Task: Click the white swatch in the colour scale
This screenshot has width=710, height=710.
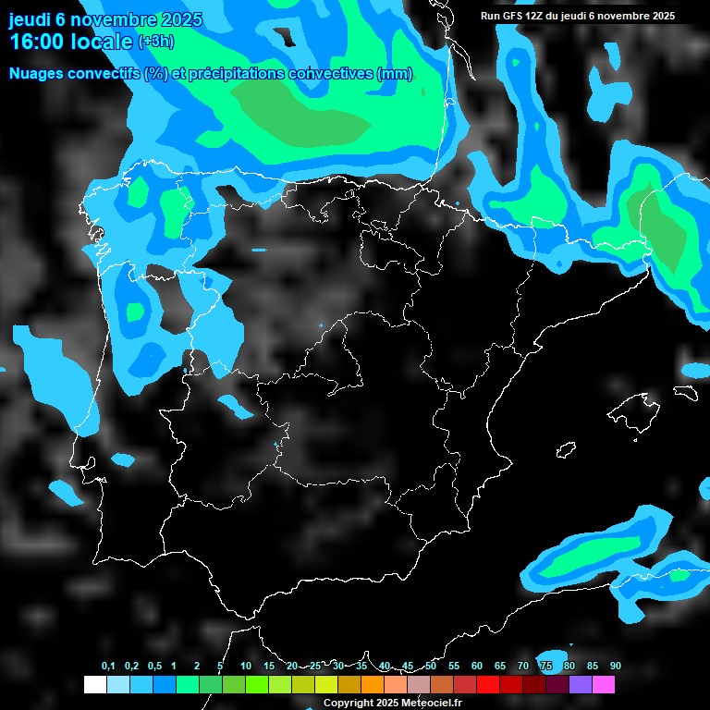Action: [x=94, y=684]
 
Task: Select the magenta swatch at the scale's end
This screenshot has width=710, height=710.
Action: [x=603, y=684]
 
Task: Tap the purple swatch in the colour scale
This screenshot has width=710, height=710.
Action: [x=580, y=684]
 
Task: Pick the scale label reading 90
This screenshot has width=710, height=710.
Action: [x=615, y=666]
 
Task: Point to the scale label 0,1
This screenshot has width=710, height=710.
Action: [x=108, y=666]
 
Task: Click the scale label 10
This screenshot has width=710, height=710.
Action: [x=246, y=666]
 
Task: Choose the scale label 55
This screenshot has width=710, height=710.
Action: [x=454, y=666]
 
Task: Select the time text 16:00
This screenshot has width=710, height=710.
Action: [x=36, y=42]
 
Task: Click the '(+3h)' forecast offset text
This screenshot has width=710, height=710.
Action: [x=155, y=42]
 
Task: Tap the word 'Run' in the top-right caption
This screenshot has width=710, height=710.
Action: [x=490, y=17]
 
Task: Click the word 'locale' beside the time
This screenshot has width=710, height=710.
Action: [x=102, y=42]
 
